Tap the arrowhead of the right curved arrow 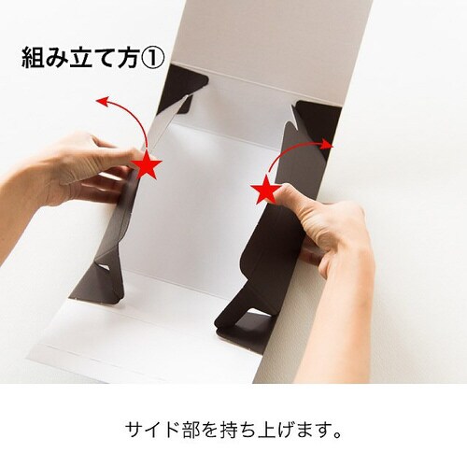tap(329, 145)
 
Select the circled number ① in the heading tap(151, 59)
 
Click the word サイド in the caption tap(149, 431)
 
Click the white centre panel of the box tap(201, 205)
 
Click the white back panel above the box tap(252, 37)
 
